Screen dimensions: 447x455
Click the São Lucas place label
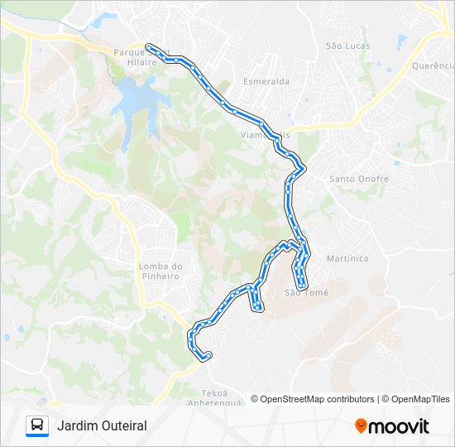[x=347, y=46]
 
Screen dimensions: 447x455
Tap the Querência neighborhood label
[x=433, y=65]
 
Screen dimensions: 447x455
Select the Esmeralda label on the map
[x=266, y=82]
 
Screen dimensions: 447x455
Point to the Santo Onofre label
[x=359, y=179]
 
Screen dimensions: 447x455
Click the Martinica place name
[x=347, y=258]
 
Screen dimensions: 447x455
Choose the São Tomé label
[x=306, y=292]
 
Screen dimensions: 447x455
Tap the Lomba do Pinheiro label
[x=160, y=271]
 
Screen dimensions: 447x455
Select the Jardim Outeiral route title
[x=102, y=425]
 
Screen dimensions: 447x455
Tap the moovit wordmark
[x=399, y=426]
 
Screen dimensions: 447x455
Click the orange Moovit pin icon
[x=361, y=425]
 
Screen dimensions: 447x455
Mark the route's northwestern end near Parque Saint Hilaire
[x=148, y=46]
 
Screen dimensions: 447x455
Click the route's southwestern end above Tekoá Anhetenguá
[x=206, y=356]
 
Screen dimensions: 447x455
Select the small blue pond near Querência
[x=402, y=40]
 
